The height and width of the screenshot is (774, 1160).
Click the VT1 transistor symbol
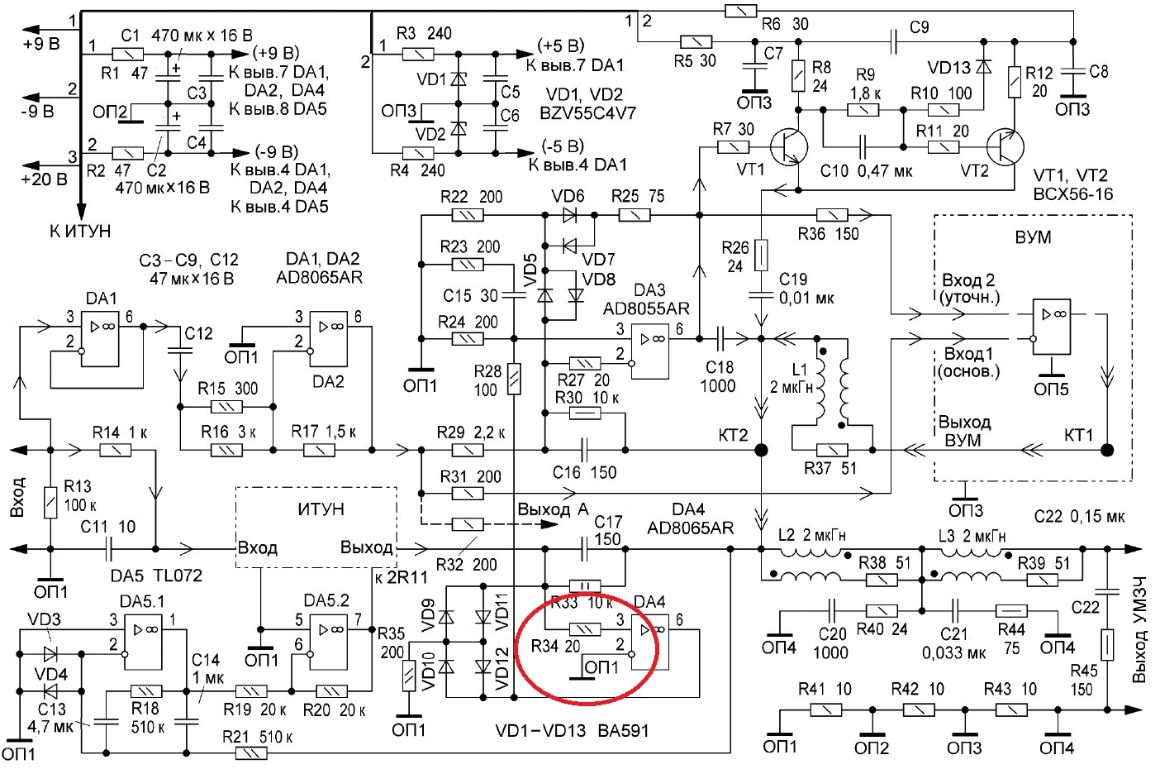(x=789, y=146)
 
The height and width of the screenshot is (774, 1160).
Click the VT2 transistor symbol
(x=1005, y=146)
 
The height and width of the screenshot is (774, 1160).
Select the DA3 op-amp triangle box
(x=649, y=351)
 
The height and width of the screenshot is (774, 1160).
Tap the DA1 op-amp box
(x=100, y=339)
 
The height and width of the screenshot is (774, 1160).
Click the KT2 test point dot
(x=761, y=450)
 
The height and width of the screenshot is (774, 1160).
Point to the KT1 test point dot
(x=1107, y=450)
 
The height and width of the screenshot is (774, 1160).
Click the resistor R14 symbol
(x=115, y=450)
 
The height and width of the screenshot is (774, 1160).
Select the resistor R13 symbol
(x=50, y=502)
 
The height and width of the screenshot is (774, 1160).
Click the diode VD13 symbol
(x=983, y=67)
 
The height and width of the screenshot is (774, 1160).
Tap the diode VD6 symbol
(x=569, y=215)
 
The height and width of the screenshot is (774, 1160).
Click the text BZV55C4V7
(x=587, y=113)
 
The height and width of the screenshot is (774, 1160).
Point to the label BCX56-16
(x=1073, y=193)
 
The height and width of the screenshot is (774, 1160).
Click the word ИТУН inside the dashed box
(x=321, y=509)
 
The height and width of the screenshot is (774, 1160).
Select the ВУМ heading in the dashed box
(x=1033, y=237)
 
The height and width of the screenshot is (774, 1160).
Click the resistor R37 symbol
(x=832, y=450)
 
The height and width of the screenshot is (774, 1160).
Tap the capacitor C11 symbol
(x=108, y=549)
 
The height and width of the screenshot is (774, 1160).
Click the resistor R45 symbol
(x=1107, y=644)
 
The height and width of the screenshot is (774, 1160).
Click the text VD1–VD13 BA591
(x=572, y=731)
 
